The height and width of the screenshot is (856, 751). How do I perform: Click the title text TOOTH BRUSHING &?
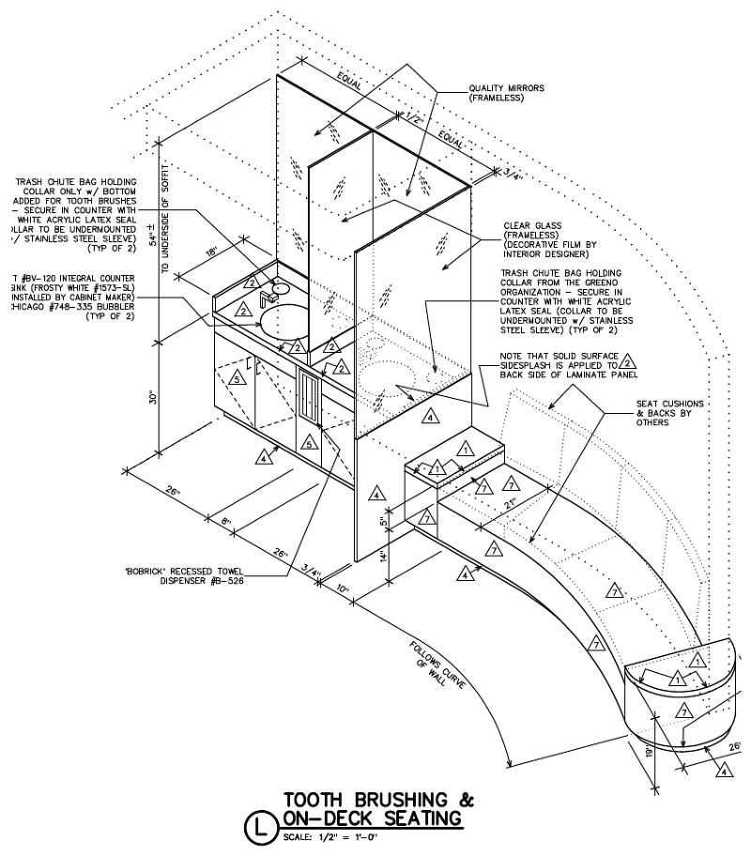[x=378, y=801]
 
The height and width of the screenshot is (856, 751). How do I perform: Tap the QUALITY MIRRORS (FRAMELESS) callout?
[x=507, y=94]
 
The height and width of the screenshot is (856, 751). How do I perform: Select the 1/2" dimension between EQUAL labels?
[x=414, y=117]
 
